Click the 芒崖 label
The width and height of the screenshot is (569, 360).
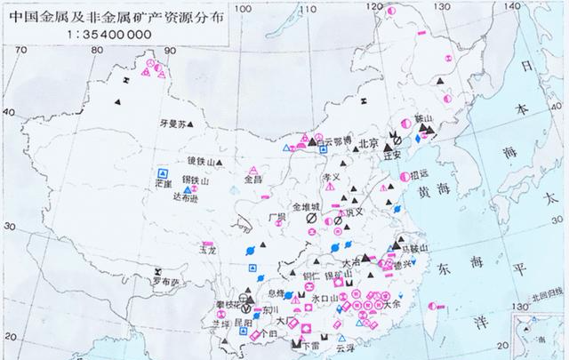pos(162,182)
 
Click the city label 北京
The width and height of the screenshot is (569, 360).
pos(369,143)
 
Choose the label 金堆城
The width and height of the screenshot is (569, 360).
pos(296,205)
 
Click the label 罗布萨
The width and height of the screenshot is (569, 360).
pos(163,283)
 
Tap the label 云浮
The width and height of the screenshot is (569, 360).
pos(331,350)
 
